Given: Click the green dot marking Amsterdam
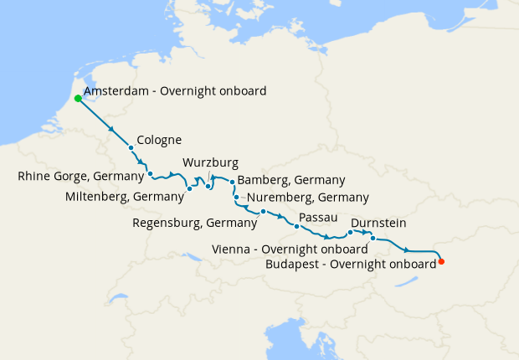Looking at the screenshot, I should pyautogui.click(x=78, y=98).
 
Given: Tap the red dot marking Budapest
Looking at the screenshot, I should pyautogui.click(x=441, y=262).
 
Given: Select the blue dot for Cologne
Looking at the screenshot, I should pyautogui.click(x=131, y=148).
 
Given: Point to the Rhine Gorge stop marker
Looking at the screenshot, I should pyautogui.click(x=150, y=174).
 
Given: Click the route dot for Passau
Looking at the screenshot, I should pyautogui.click(x=297, y=226).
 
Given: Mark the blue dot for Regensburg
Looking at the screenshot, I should pyautogui.click(x=263, y=211).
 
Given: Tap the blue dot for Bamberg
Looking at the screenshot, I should pyautogui.click(x=232, y=181).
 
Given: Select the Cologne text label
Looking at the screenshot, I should pyautogui.click(x=159, y=140).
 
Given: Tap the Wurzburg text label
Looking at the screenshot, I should pyautogui.click(x=210, y=162).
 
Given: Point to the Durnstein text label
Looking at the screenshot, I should pyautogui.click(x=379, y=223).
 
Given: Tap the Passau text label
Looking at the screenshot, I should pyautogui.click(x=317, y=217).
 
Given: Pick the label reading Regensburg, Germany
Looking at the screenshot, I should pyautogui.click(x=195, y=223).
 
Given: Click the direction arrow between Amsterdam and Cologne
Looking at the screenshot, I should pyautogui.click(x=111, y=129).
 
